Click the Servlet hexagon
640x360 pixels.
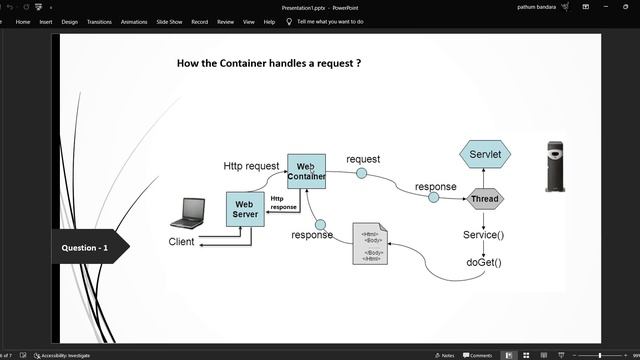[x=486, y=155]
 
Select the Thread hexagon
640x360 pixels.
[x=485, y=199]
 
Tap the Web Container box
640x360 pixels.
[x=307, y=172]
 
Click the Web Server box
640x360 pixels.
[x=245, y=209]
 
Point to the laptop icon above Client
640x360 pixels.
[x=187, y=213]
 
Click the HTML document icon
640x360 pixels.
[x=371, y=245]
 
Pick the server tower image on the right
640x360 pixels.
[x=556, y=166]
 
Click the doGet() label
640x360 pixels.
[x=484, y=263]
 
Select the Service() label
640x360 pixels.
[x=484, y=235]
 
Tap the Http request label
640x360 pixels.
[x=251, y=166]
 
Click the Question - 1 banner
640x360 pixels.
[x=86, y=247]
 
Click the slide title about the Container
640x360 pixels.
[x=268, y=63]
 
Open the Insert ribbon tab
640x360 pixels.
[x=46, y=21]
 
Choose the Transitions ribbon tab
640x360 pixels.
[x=99, y=21]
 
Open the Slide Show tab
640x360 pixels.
[x=168, y=21]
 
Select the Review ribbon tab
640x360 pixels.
[x=225, y=21]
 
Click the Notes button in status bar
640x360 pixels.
[x=445, y=355]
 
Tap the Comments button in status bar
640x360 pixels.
[x=478, y=355]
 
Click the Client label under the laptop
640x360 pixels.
[x=181, y=242]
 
